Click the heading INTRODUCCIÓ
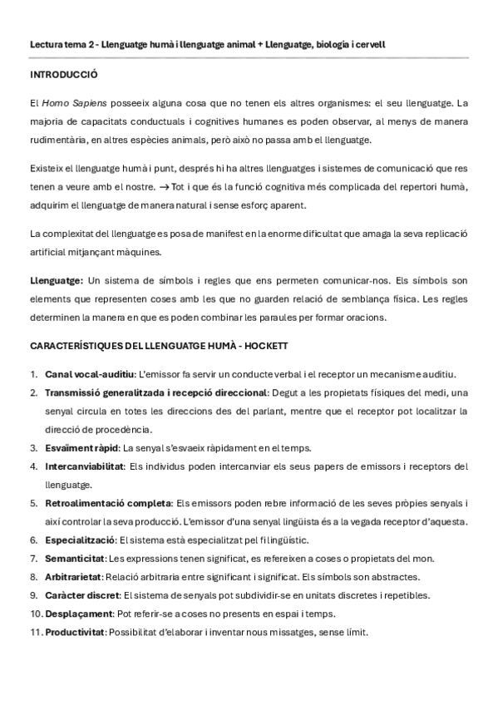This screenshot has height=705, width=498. click(63, 74)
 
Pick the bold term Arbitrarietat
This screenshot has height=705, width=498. click(74, 576)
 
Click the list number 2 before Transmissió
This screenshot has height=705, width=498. click(33, 392)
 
